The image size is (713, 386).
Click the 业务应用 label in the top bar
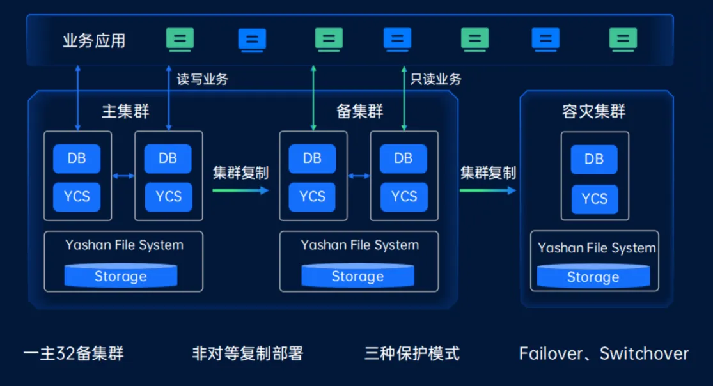pyautogui.click(x=94, y=41)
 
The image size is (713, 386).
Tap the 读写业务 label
pyautogui.click(x=202, y=79)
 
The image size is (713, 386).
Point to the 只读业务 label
pyautogui.click(x=435, y=79)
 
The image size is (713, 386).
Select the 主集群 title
pyautogui.click(x=125, y=111)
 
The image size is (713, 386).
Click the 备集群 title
pyautogui.click(x=359, y=111)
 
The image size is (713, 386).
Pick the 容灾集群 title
pyautogui.click(x=593, y=112)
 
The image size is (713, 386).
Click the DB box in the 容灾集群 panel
pyautogui.click(x=594, y=159)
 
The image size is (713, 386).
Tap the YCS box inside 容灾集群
pyautogui.click(x=594, y=199)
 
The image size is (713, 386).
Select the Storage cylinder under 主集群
pyautogui.click(x=121, y=276)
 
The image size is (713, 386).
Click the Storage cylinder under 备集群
pyautogui.click(x=357, y=276)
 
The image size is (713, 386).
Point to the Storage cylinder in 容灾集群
pyautogui.click(x=593, y=277)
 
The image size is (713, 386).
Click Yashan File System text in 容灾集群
pyautogui.click(x=597, y=248)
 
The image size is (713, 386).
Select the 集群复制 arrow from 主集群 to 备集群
pyautogui.click(x=240, y=190)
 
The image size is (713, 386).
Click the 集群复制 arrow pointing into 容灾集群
pyautogui.click(x=488, y=190)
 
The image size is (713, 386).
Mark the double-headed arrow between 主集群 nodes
pyautogui.click(x=123, y=176)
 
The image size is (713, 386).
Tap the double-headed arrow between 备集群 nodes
pyautogui.click(x=359, y=176)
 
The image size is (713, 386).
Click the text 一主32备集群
pyautogui.click(x=74, y=353)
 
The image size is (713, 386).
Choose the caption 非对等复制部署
pyautogui.click(x=247, y=353)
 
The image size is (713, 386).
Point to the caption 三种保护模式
pyautogui.click(x=412, y=353)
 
